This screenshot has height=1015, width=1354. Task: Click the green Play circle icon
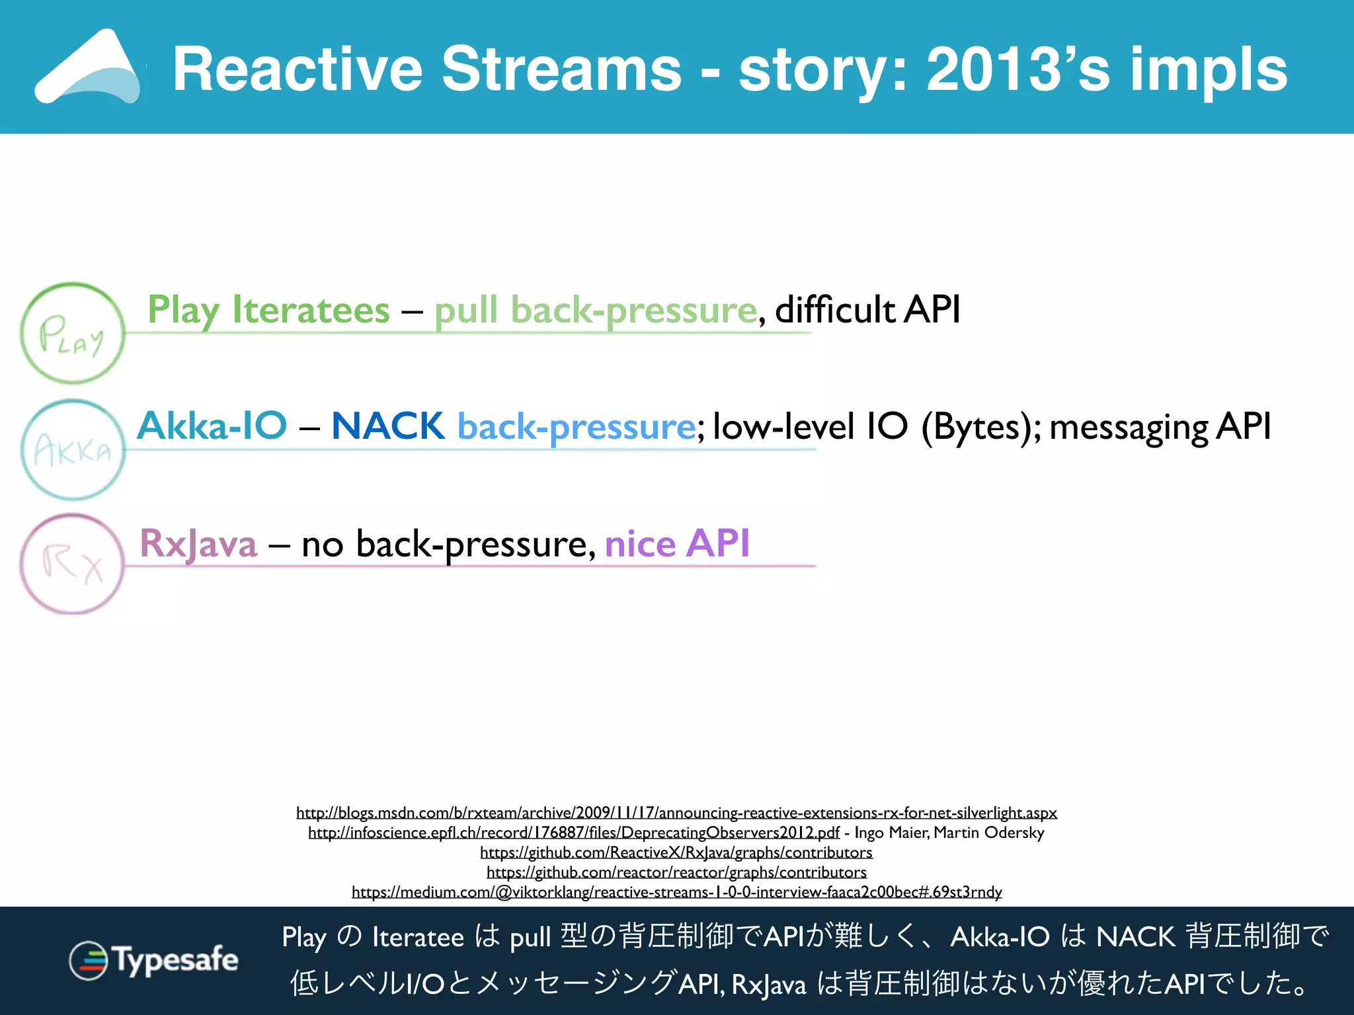[73, 334]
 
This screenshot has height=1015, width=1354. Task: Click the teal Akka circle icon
[73, 450]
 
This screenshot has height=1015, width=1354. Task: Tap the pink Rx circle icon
[72, 564]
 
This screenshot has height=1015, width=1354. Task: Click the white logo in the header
[88, 67]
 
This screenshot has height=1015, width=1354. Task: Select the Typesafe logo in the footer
[153, 960]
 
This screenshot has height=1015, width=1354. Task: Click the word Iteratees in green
[311, 309]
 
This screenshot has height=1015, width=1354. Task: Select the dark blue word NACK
[388, 426]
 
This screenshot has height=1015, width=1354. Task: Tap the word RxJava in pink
[198, 543]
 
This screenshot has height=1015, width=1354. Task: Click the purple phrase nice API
[677, 543]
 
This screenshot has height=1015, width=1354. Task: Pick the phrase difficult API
[867, 309]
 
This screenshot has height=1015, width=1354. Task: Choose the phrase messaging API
[1160, 426]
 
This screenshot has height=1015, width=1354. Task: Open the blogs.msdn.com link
[676, 812]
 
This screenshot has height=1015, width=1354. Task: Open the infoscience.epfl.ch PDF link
[573, 832]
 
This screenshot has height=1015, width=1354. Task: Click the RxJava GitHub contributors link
[676, 852]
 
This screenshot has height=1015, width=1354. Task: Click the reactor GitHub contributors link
[676, 872]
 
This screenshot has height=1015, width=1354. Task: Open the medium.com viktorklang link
[676, 891]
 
